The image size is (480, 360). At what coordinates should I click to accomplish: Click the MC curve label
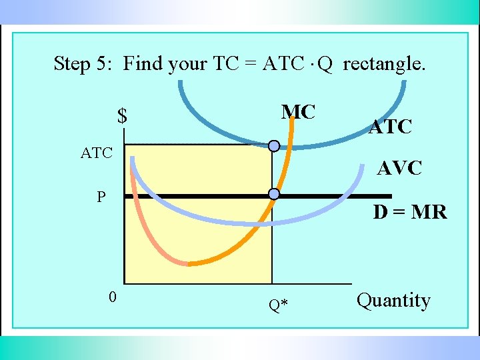(298, 112)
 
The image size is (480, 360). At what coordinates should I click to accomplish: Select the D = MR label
(410, 213)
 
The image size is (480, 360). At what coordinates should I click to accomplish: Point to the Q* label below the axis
(278, 305)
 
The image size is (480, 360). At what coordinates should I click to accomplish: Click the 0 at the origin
(113, 297)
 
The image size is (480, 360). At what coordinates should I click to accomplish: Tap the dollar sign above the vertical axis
(122, 116)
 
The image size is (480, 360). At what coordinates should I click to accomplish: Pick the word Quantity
(393, 301)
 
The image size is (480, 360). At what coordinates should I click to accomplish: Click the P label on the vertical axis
(101, 197)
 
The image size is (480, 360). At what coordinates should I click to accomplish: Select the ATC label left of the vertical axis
(97, 153)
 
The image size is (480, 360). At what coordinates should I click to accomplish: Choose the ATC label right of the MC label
(391, 125)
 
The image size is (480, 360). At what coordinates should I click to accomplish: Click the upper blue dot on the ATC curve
(274, 146)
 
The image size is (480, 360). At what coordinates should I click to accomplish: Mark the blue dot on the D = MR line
(273, 194)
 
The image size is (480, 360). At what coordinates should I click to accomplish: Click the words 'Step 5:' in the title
(85, 64)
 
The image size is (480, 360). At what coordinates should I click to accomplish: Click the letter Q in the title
(325, 64)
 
